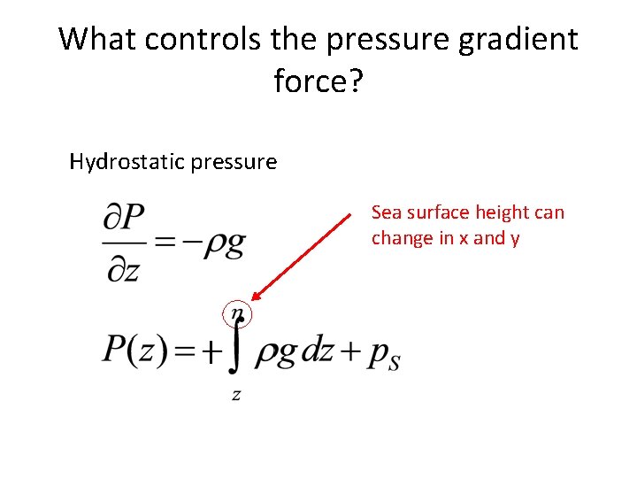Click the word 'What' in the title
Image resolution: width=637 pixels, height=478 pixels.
pyautogui.click(x=95, y=39)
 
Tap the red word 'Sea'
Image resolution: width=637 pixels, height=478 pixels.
pyautogui.click(x=387, y=212)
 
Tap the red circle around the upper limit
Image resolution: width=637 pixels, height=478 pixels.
pyautogui.click(x=238, y=312)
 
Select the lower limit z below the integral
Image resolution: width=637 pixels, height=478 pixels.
pyautogui.click(x=236, y=396)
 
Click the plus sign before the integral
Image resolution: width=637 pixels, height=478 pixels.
pyautogui.click(x=209, y=354)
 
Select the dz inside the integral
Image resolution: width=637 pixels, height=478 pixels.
pyautogui.click(x=315, y=352)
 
